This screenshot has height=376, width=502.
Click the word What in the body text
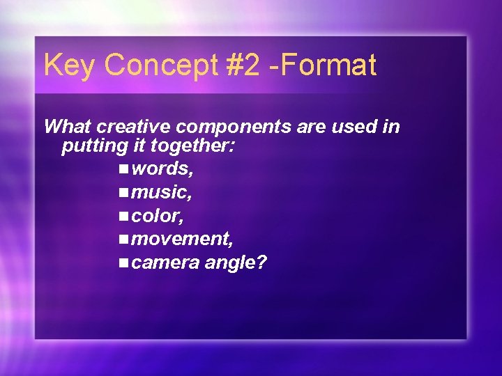pos(68,127)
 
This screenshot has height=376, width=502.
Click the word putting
pos(92,147)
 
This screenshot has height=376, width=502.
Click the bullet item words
pos(162,169)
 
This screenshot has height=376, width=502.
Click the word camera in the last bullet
pos(164,263)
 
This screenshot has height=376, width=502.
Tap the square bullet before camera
pos(123,263)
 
